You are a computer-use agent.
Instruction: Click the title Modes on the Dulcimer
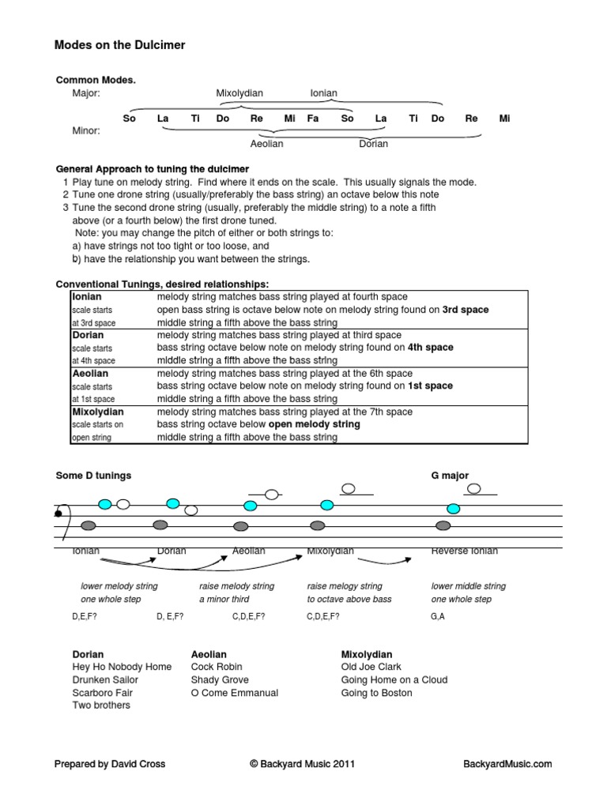click(x=119, y=45)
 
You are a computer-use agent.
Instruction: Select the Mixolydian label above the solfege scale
click(x=239, y=93)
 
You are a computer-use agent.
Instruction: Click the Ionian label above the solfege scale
click(x=324, y=93)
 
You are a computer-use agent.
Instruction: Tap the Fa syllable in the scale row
click(x=313, y=119)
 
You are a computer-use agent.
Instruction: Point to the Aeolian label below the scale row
click(x=266, y=144)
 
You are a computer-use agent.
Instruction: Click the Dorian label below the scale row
click(x=374, y=144)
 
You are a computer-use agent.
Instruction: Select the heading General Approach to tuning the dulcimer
click(x=153, y=169)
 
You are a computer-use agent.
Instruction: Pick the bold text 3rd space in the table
click(x=465, y=310)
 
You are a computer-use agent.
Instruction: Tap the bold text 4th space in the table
click(x=431, y=348)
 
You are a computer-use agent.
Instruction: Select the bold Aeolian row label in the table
click(x=90, y=373)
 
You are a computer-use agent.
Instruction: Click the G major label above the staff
click(x=450, y=476)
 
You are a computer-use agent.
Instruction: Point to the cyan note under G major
click(x=454, y=508)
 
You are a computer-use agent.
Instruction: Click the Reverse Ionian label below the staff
click(x=465, y=551)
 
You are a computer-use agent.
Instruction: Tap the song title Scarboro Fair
click(x=103, y=693)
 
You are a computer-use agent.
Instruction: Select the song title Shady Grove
click(x=220, y=679)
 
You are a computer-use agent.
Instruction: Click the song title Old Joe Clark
click(x=371, y=667)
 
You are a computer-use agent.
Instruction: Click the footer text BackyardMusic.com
click(x=507, y=764)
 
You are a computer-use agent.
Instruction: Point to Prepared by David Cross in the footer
click(x=110, y=764)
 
